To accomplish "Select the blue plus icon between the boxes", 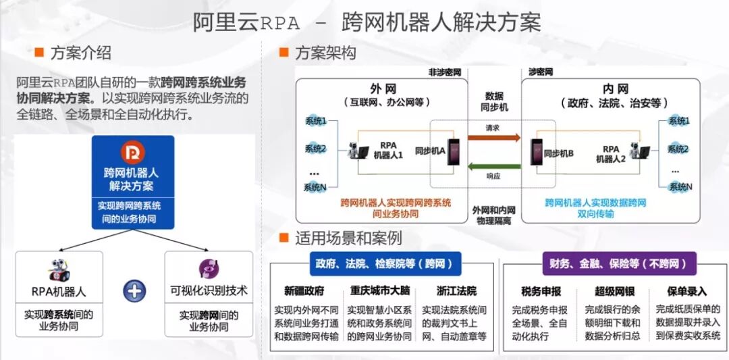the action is point(134,290).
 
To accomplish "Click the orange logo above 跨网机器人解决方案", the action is point(132,153).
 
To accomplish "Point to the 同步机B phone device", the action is point(537,153).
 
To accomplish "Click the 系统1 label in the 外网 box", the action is point(315,122).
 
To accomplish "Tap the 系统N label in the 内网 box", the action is point(680,186).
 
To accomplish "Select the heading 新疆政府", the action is point(304,292).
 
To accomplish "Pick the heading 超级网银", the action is point(612,292).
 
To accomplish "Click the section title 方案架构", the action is point(325,52).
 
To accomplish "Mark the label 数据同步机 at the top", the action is point(494,101).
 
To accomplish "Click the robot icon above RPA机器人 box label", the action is point(59,269).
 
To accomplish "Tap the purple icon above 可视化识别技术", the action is point(209,269).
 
